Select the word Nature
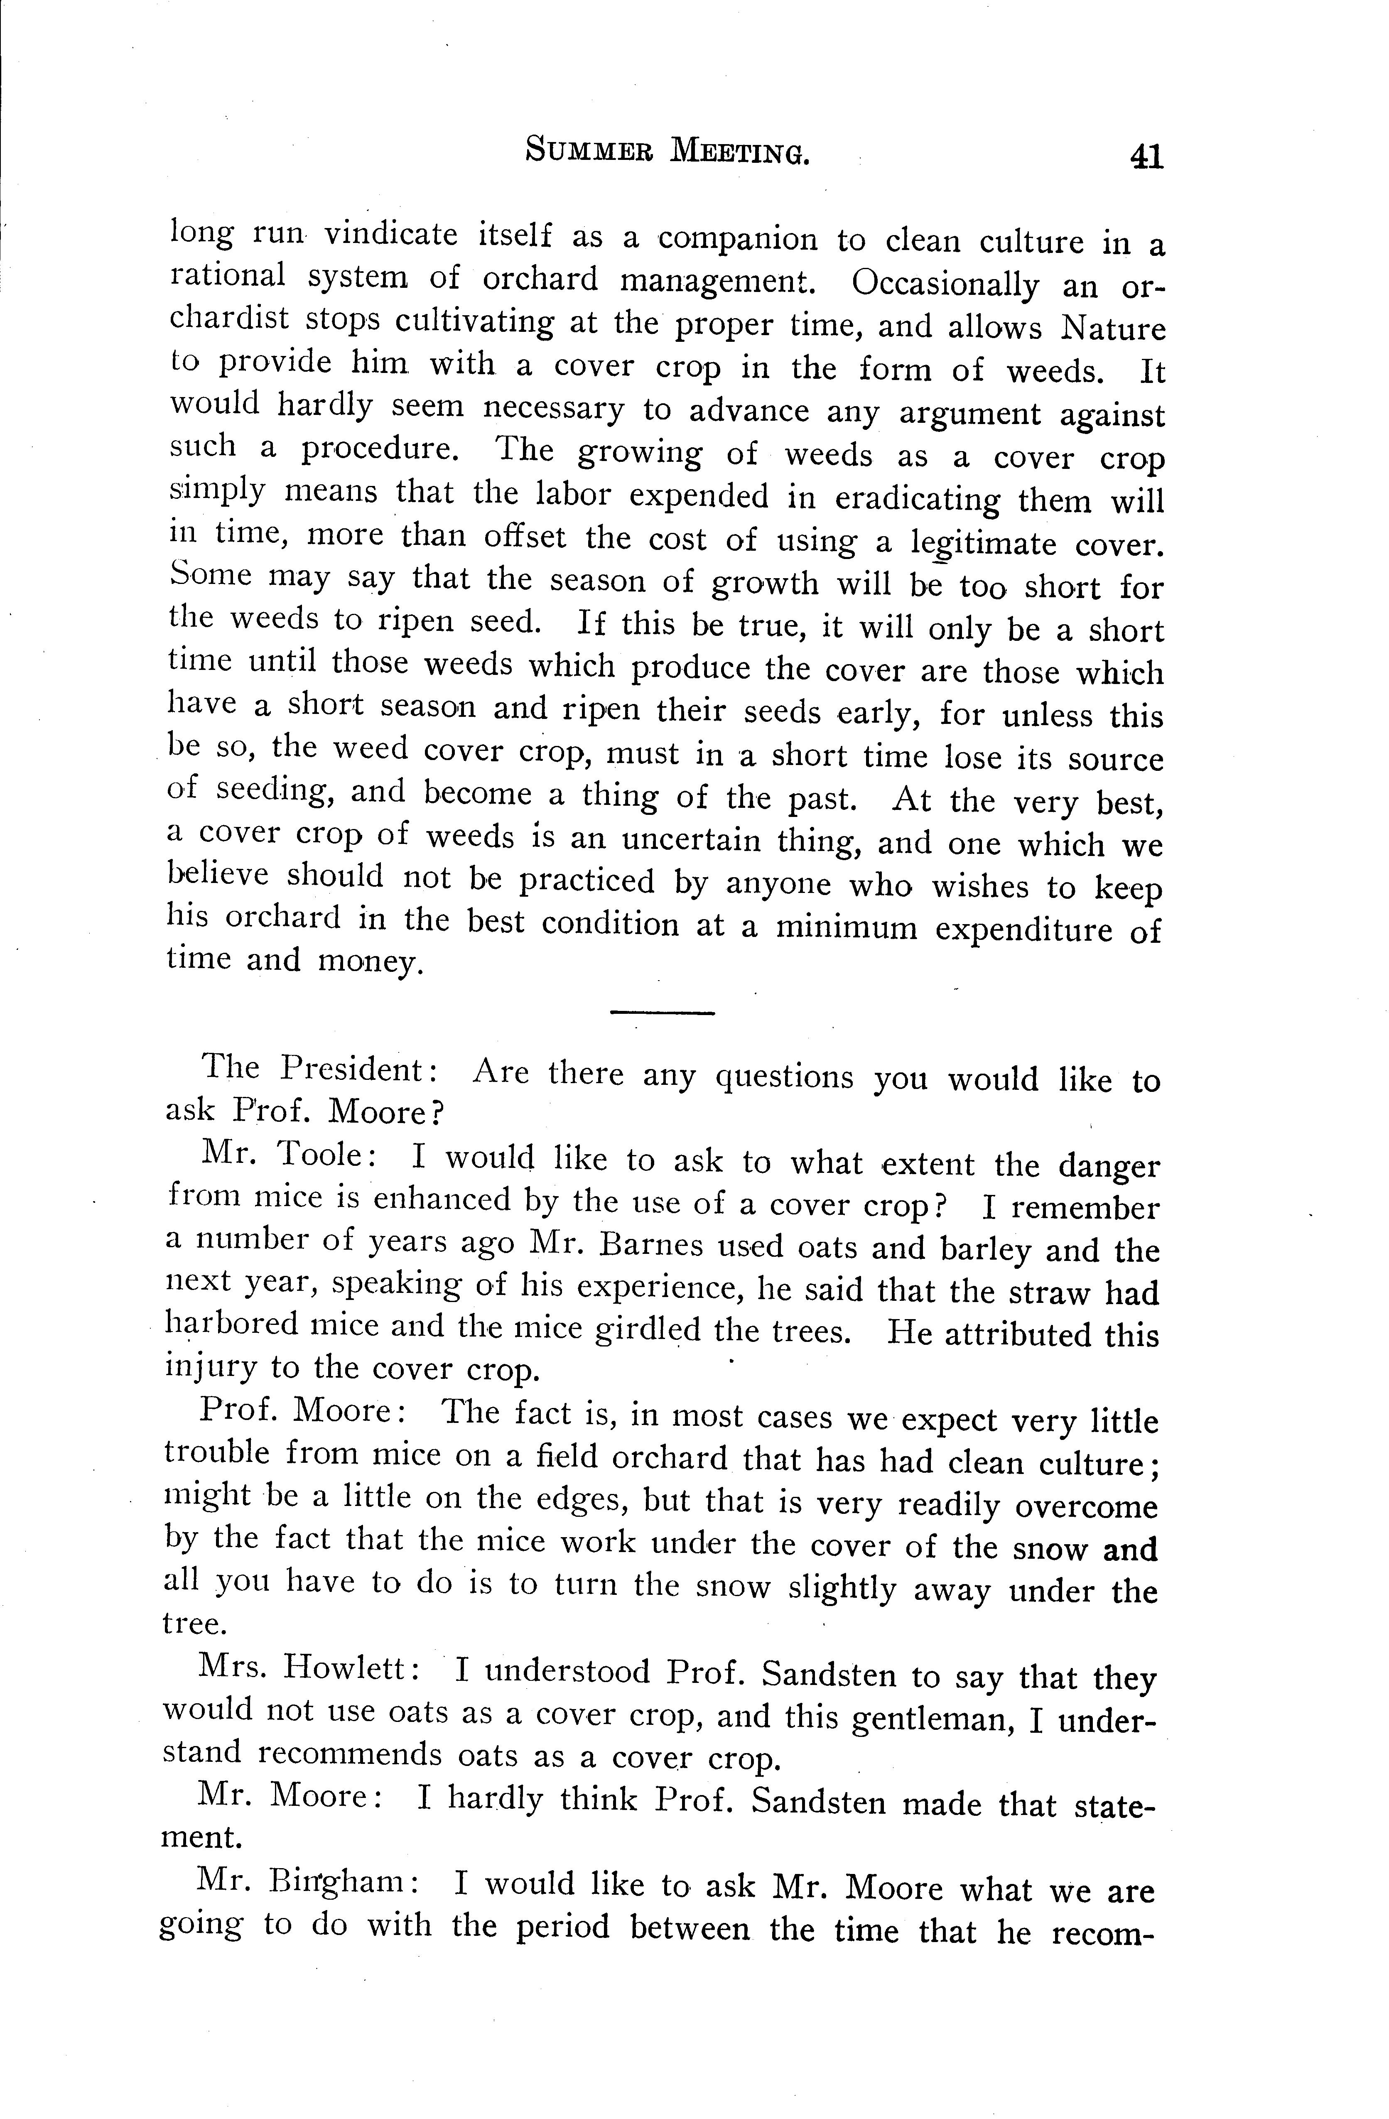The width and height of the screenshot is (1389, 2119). tap(1113, 329)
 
